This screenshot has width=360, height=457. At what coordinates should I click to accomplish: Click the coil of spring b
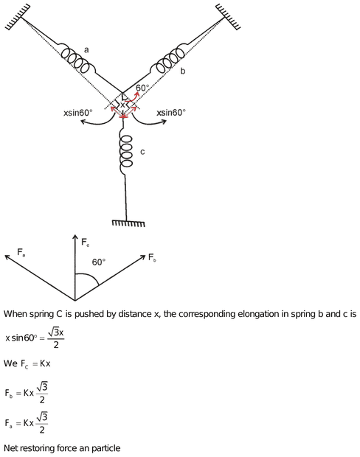[x=168, y=59]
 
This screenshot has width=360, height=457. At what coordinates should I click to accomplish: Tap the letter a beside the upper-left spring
[x=86, y=50]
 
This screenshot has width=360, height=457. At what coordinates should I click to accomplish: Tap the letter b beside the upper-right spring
[x=183, y=71]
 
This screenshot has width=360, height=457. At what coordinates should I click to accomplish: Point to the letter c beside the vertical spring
[x=142, y=152]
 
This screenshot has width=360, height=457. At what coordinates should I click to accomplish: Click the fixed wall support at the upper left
[x=18, y=17]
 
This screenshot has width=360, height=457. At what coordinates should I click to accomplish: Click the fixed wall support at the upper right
[x=229, y=17]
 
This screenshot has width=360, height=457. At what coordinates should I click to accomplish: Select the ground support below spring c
[x=128, y=223]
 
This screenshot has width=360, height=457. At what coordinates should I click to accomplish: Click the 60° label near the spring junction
[x=142, y=88]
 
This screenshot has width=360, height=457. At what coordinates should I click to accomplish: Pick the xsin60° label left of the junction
[x=78, y=113]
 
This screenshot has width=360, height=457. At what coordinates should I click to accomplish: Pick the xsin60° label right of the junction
[x=171, y=113]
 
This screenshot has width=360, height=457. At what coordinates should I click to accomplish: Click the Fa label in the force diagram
[x=21, y=252]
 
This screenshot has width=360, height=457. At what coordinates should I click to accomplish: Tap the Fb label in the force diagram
[x=152, y=258]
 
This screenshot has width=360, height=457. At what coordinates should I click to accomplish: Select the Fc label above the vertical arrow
[x=85, y=243]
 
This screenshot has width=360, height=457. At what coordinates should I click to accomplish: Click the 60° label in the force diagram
[x=99, y=262]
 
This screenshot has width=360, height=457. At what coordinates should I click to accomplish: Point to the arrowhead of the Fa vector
[x=7, y=257]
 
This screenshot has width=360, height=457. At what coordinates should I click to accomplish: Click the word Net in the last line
[x=10, y=448]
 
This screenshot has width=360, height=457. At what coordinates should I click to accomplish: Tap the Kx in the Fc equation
[x=45, y=363]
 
